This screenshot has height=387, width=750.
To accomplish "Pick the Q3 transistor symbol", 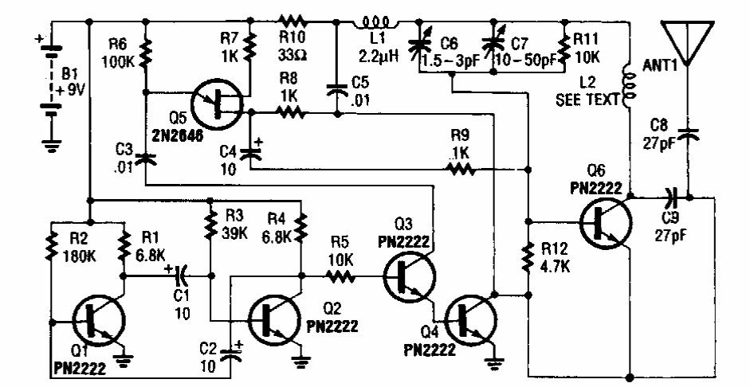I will [409, 276].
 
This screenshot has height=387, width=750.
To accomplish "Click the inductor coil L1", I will [379, 19].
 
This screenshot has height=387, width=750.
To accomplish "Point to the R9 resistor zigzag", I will [461, 169].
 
